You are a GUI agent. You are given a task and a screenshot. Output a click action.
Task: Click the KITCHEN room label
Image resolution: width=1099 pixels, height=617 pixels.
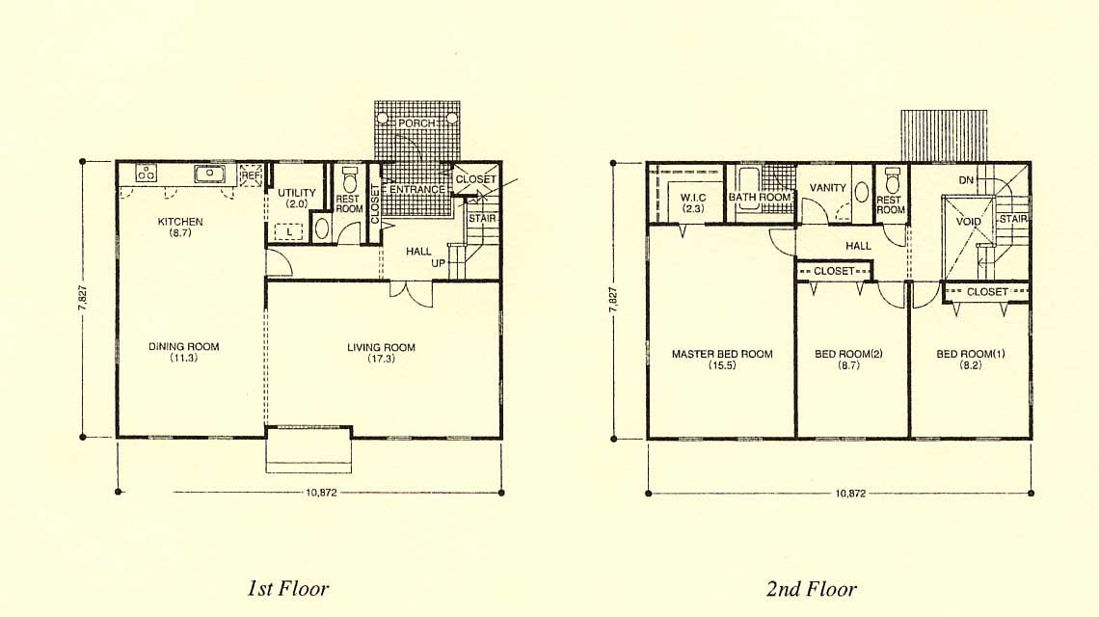pos(180,222)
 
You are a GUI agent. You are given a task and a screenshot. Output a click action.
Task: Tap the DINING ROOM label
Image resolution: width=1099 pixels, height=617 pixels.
pos(183,346)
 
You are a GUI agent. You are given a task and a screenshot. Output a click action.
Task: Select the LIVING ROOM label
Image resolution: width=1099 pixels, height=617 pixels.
pos(382,347)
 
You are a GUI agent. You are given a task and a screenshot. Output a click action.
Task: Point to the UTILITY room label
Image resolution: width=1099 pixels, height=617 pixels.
pos(297,193)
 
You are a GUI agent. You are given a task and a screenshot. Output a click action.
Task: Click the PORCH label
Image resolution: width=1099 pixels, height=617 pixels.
pos(416,123)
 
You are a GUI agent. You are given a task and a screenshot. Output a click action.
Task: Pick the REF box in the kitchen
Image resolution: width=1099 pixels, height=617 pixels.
pos(251,175)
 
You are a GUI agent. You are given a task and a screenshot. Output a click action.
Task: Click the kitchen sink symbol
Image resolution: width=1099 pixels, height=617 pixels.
pos(209,174)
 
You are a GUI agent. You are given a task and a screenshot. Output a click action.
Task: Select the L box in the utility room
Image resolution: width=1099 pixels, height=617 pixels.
pos(289,231)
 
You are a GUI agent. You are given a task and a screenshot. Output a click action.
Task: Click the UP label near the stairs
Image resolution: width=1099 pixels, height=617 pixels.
pos(438,263)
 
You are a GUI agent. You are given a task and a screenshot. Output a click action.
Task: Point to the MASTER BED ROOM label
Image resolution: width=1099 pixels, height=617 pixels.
pos(722,354)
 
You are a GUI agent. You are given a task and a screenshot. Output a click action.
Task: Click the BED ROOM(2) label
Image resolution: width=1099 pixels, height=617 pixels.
pos(848,354)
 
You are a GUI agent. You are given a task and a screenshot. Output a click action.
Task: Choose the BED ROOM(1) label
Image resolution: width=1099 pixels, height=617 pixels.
pos(971,354)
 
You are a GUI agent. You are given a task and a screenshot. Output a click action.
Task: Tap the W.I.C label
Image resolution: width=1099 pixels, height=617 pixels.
pos(693,198)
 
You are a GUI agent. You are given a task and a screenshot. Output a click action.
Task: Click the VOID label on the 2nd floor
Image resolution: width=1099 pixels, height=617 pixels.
pos(969,222)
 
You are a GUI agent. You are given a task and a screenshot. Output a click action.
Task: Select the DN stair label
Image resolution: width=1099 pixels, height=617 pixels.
pos(966,180)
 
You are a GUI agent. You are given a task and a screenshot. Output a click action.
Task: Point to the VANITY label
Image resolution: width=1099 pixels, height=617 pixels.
pos(828,188)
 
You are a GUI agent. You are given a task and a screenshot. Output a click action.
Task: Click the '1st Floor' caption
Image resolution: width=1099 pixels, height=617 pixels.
pos(287,587)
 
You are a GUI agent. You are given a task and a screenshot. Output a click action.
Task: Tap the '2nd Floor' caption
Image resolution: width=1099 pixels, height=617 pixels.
pos(811,588)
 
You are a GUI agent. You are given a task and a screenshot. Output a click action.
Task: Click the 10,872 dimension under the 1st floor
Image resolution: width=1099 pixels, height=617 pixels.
pos(321,493)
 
